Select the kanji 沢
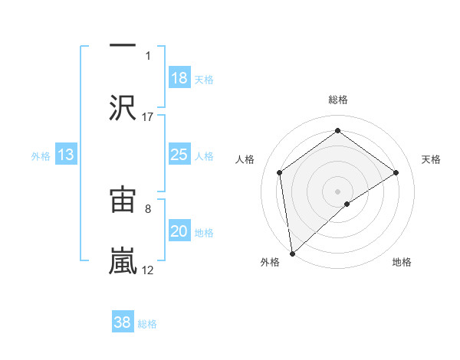coord(123,107)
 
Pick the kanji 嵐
coord(123,260)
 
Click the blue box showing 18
coord(179,78)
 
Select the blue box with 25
coord(179,155)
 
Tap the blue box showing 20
coord(179,232)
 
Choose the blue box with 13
coord(66,155)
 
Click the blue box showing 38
coord(123,322)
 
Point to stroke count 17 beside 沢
coord(148,116)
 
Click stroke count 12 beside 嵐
coord(148,270)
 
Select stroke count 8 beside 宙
coord(148,208)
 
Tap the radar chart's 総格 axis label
coord(337,100)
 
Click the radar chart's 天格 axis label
coord(432,159)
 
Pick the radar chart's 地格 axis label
coord(402,263)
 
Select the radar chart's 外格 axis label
coord(270,263)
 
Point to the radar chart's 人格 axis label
coord(245,159)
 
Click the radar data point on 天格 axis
coord(396,172)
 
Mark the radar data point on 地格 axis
coord(347,204)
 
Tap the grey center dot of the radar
coord(337,191)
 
